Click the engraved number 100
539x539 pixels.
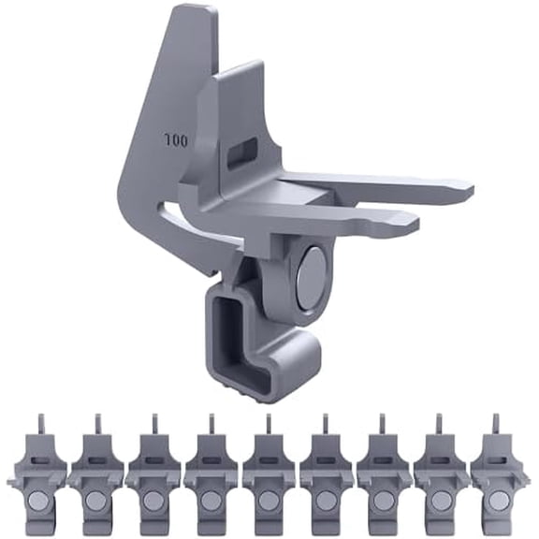[175, 141]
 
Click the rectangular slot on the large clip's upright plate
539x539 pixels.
[242, 151]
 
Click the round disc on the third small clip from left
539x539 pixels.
[153, 501]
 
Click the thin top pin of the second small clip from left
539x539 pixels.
[96, 424]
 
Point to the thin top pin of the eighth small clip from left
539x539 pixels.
[440, 424]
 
